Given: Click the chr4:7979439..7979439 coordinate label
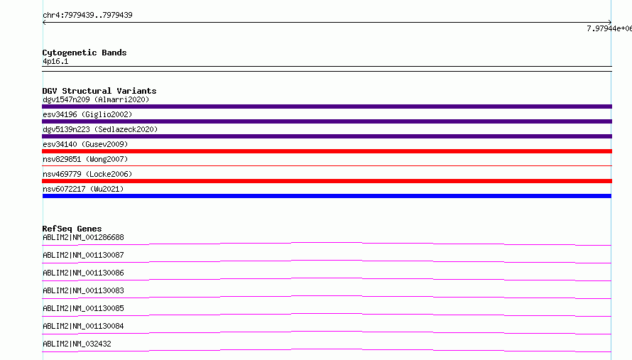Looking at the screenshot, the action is (x=87, y=15).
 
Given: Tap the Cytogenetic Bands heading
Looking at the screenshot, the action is (x=85, y=53).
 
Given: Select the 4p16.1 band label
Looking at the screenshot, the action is (x=55, y=61).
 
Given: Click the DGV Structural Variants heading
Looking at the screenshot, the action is (x=99, y=91).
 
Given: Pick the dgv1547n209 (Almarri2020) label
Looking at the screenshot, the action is (x=96, y=99).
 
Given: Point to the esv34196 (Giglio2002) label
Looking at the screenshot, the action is (x=87, y=114).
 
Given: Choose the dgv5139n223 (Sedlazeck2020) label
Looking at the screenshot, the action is (x=100, y=129).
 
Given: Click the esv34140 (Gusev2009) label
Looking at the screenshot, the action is (x=85, y=144).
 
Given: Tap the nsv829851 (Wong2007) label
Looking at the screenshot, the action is (x=85, y=159).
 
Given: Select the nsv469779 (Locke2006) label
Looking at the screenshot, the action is (x=87, y=174).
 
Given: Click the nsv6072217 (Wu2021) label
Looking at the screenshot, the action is (x=83, y=189).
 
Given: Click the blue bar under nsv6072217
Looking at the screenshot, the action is (x=327, y=196).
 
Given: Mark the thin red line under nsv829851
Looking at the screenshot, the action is (x=327, y=165).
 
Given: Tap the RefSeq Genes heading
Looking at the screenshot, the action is (x=72, y=229).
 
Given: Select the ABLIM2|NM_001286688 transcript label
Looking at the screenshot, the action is (x=83, y=237).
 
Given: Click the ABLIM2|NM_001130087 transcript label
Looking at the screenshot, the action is (x=83, y=255).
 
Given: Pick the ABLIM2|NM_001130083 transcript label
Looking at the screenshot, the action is (x=83, y=290).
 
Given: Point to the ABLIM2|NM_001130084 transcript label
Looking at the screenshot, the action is (x=83, y=326).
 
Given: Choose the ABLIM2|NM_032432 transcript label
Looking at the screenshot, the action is (x=77, y=344).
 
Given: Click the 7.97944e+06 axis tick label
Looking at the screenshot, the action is (x=609, y=28).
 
